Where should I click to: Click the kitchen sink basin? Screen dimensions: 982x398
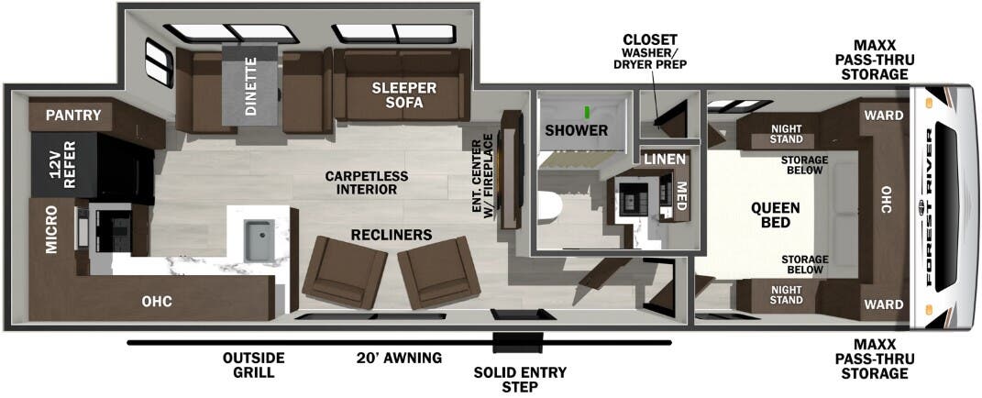tap(258, 240)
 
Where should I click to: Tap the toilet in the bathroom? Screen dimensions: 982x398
tap(546, 207)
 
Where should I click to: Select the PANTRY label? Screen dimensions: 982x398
tap(74, 115)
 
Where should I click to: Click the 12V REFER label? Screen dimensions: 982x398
tap(62, 164)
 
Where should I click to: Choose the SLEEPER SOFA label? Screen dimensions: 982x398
tap(404, 95)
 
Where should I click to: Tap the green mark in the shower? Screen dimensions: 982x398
tap(588, 112)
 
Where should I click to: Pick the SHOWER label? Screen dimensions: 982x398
tap(576, 130)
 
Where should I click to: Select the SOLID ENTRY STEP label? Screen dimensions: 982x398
tap(520, 379)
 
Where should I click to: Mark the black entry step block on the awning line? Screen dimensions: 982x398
tap(517, 343)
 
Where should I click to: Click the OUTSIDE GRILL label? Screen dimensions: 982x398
tap(254, 365)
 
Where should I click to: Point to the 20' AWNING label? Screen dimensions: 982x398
tap(399, 358)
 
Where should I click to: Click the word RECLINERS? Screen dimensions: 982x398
tap(392, 235)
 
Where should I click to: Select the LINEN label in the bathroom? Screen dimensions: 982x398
tap(665, 160)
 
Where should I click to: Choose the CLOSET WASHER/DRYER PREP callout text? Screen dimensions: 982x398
tap(651, 51)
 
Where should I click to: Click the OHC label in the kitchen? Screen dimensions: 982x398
tap(157, 302)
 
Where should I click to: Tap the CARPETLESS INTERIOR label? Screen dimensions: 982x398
tap(367, 182)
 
